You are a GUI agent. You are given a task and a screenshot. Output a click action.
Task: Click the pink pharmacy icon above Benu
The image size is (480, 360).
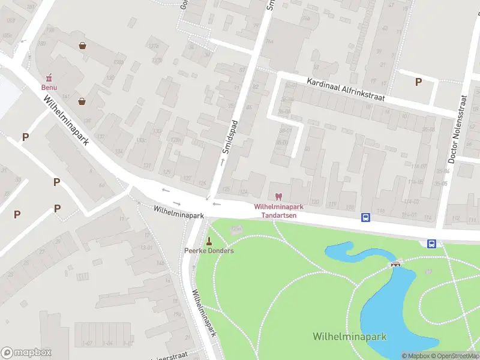point(49,77)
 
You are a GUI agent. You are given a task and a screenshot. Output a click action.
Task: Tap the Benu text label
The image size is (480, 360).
point(49,87)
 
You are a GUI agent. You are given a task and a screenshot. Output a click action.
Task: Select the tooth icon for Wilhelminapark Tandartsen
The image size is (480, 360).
point(278,196)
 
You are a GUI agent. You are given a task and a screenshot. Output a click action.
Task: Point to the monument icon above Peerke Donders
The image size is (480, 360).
point(209,241)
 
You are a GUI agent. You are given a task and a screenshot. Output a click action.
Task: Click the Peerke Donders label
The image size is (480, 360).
point(209,250)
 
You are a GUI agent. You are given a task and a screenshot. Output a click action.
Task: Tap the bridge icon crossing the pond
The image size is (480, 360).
point(395,264)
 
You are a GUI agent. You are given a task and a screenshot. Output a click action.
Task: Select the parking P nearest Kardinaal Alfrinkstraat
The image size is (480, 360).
point(418,82)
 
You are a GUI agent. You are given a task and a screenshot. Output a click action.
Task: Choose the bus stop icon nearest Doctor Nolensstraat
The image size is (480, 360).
point(431,243)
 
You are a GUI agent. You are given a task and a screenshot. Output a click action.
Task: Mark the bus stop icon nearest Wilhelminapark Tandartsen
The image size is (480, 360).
point(365,217)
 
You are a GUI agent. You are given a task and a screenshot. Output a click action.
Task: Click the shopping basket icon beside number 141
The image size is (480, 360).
point(81,101)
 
